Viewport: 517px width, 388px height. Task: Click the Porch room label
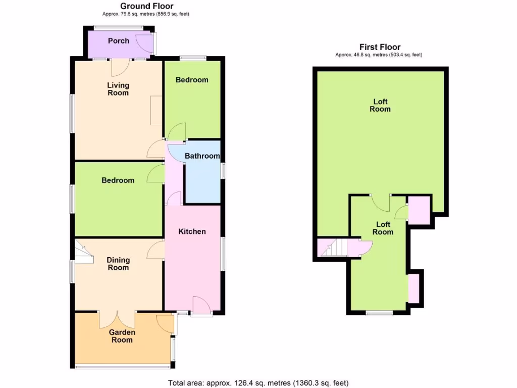[118, 41]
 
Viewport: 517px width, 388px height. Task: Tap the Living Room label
[118, 89]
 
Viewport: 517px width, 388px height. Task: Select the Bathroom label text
[202, 156]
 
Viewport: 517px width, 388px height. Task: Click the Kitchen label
[192, 231]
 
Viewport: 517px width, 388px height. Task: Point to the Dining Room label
[118, 264]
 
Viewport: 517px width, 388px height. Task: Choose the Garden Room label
[122, 336]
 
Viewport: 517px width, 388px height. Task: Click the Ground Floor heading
[146, 6]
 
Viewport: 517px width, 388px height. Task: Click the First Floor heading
[380, 47]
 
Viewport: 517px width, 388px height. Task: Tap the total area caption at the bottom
[258, 382]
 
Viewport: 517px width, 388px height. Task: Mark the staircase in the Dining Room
[84, 251]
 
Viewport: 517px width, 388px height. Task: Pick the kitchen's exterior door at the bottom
[202, 306]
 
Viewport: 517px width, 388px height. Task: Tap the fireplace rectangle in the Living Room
[157, 111]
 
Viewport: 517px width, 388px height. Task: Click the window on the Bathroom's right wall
[223, 170]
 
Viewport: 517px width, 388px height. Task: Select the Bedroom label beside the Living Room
[192, 80]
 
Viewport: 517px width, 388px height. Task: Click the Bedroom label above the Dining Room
[118, 180]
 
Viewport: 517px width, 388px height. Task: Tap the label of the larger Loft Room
[380, 105]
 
